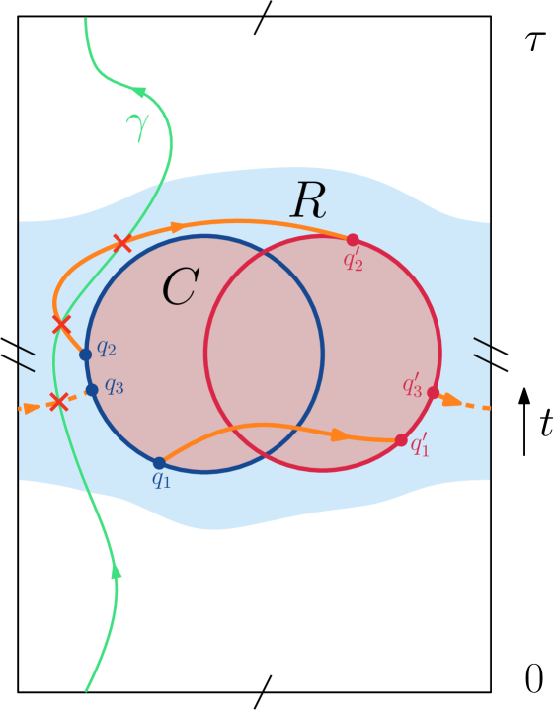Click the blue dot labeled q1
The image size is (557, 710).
coord(159,462)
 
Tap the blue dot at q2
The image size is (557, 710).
coord(85,354)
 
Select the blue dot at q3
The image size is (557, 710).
coord(92,390)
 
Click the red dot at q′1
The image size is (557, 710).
coord(401,440)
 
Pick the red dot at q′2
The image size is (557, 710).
coord(353,240)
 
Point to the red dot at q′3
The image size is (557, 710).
coord(433,392)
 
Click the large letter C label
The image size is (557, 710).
coord(180,287)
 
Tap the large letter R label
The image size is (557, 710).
coord(308,201)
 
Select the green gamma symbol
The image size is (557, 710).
coord(137,127)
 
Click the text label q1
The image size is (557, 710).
coord(161,480)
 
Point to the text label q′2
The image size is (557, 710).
coord(353,260)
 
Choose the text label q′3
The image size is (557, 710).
coord(412,385)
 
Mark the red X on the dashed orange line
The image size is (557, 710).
coord(58,401)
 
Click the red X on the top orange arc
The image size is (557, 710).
coord(121,243)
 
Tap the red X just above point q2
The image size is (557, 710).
coord(61,324)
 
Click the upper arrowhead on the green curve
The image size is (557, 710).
coord(140,92)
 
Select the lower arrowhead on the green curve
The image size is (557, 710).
coord(117,570)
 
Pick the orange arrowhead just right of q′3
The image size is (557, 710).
coord(449,400)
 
